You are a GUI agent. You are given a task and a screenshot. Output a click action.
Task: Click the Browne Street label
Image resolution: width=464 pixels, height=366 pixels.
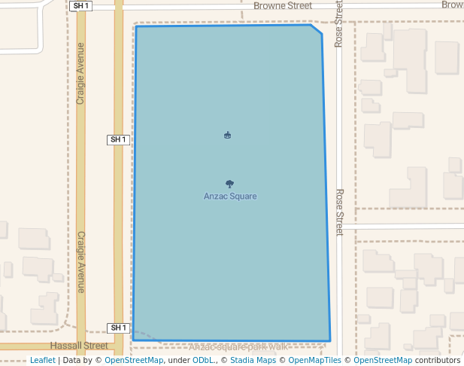click(x=283, y=6)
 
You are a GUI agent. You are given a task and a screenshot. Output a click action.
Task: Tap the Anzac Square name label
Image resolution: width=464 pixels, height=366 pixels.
click(x=230, y=197)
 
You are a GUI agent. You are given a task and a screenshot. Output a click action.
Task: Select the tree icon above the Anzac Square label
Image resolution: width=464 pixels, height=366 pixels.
click(x=229, y=184)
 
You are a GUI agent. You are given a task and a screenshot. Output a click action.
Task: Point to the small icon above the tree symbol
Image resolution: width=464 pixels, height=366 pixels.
click(x=227, y=136)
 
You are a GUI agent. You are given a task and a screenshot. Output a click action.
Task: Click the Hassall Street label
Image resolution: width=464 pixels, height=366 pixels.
click(x=79, y=346)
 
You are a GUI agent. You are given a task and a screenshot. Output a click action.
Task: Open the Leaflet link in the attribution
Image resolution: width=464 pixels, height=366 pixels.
click(x=42, y=361)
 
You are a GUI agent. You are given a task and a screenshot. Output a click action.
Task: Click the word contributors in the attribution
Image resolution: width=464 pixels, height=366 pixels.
click(x=438, y=361)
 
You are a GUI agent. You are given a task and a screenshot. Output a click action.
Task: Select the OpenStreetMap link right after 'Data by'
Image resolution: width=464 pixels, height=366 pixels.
click(x=134, y=361)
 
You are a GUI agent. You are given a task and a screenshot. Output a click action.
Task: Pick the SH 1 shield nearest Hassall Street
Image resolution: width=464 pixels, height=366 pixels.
click(x=119, y=328)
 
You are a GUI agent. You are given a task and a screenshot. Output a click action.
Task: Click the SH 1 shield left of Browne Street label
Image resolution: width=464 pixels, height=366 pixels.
click(x=80, y=6)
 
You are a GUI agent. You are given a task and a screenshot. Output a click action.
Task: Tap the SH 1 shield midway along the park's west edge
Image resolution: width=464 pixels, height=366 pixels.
click(x=119, y=140)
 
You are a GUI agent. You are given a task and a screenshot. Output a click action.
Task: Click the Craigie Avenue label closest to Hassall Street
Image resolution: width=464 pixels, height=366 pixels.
click(x=81, y=261)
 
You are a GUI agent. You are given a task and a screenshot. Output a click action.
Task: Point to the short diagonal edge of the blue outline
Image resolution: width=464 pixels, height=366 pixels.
click(x=317, y=29)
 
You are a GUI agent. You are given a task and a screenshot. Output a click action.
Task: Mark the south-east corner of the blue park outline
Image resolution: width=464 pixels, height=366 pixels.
click(x=329, y=340)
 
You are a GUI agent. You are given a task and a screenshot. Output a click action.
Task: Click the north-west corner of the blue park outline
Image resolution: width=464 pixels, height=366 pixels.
click(x=136, y=27)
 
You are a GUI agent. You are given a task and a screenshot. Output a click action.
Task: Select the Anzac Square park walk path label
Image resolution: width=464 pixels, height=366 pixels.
click(x=238, y=347)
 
